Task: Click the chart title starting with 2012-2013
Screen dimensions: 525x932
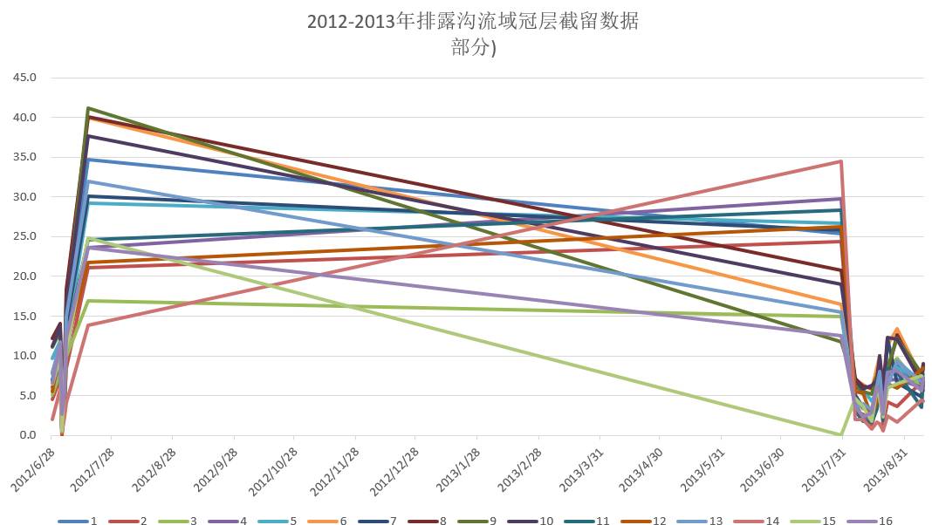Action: coord(472,22)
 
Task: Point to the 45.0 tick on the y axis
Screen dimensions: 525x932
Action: coord(24,78)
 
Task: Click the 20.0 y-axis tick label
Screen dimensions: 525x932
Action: coord(24,276)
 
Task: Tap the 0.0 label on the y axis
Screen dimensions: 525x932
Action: coord(26,435)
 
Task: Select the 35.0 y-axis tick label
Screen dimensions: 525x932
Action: coord(24,157)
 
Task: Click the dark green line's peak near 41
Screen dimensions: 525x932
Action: coord(88,108)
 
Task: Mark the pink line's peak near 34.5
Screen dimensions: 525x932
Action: coord(840,161)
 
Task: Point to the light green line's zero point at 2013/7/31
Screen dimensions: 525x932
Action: coord(840,434)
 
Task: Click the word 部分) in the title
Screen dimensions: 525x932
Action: coord(473,49)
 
